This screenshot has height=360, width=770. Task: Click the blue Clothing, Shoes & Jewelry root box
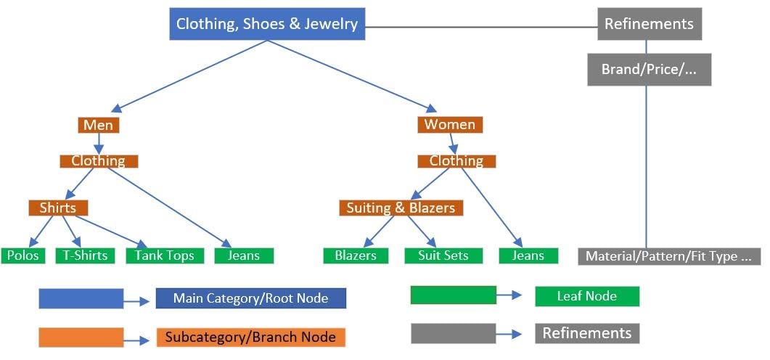[267, 24]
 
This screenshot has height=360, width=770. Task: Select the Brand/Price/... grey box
[649, 70]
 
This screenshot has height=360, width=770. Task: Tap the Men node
[98, 125]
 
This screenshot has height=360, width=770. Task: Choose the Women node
[450, 124]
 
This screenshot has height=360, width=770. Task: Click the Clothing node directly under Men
[99, 161]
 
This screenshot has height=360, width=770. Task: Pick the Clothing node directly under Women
[456, 161]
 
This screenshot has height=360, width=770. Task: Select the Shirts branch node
[58, 208]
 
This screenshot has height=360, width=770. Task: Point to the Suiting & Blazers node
[401, 208]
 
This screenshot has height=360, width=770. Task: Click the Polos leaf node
[23, 255]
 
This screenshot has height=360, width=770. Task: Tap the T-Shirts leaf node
[85, 255]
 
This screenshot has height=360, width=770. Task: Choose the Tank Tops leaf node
[165, 255]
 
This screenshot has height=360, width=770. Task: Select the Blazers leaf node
[356, 255]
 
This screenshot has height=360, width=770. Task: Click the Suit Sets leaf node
[443, 255]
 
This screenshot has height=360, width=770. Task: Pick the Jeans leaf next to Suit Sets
[528, 255]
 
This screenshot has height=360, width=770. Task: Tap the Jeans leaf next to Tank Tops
[244, 255]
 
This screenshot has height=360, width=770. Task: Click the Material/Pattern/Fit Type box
[669, 256]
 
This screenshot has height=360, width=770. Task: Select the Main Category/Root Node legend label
[251, 298]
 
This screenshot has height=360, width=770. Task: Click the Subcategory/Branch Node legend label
[250, 337]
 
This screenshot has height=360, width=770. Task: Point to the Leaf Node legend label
[587, 296]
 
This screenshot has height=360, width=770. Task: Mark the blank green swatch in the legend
[453, 295]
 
